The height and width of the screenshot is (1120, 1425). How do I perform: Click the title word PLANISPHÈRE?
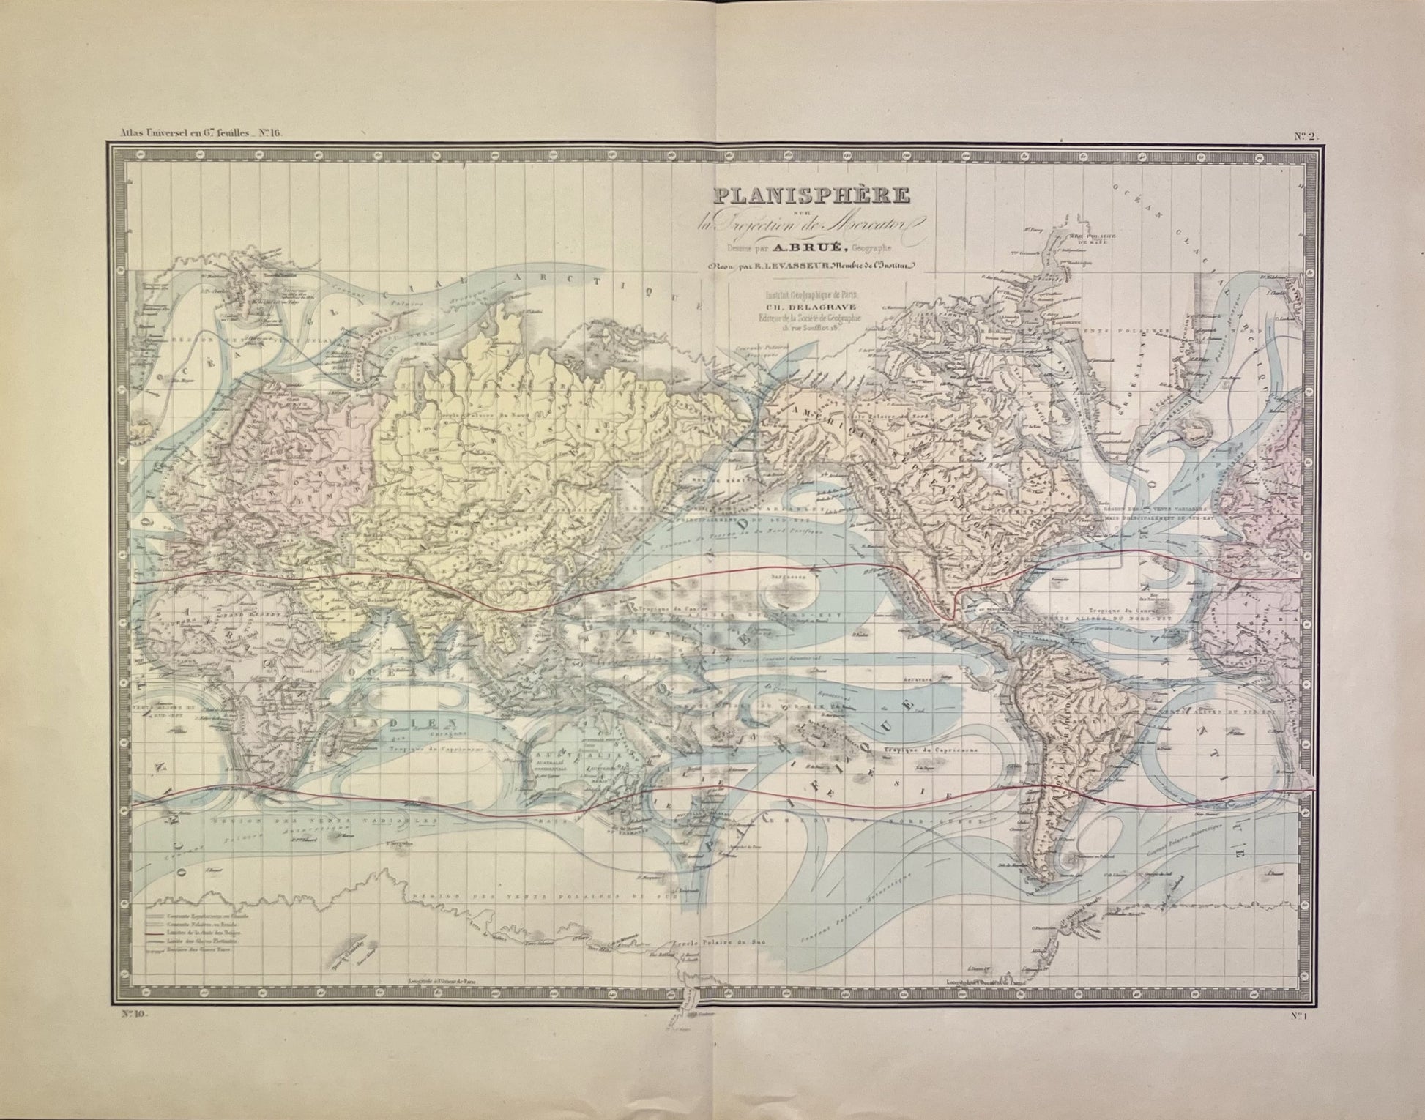[x=805, y=196]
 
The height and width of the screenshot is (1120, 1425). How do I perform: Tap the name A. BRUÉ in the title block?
[x=830, y=244]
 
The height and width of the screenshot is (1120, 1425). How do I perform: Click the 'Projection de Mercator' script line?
[x=805, y=220]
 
